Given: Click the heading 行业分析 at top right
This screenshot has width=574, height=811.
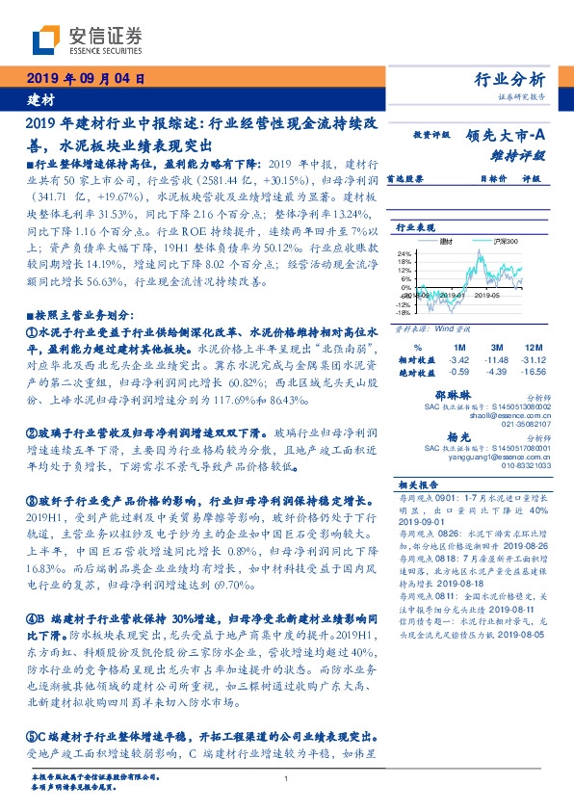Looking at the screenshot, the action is click(x=511, y=79).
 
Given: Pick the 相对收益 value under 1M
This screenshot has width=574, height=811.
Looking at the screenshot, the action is click(x=457, y=358).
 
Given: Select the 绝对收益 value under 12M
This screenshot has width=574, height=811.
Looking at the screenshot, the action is click(x=535, y=370).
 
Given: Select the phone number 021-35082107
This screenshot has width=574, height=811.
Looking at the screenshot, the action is click(x=524, y=422).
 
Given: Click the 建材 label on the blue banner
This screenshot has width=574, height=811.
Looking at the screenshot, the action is click(x=42, y=100).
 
